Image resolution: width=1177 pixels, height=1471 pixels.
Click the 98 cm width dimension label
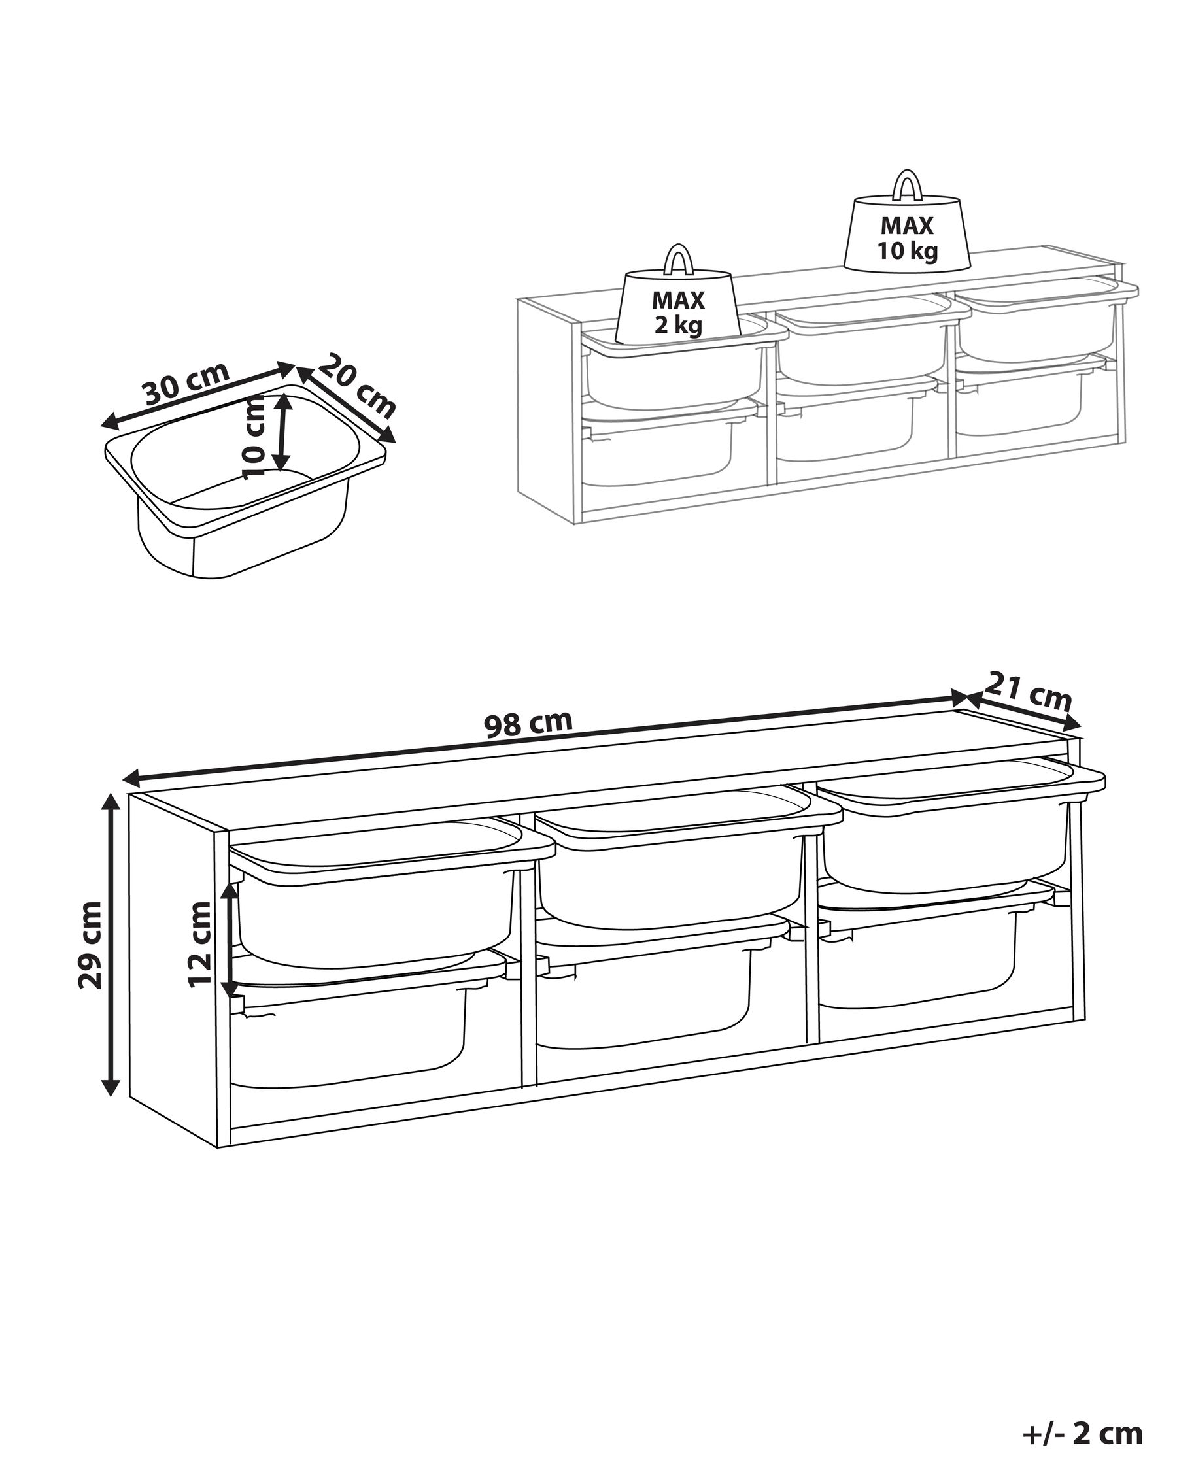528,723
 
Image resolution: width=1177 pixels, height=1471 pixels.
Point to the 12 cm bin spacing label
201,943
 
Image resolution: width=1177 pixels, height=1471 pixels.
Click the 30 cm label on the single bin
186,384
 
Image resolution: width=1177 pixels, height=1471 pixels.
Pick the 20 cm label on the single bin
358,386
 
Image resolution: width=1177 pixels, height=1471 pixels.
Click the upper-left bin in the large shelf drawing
382,894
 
